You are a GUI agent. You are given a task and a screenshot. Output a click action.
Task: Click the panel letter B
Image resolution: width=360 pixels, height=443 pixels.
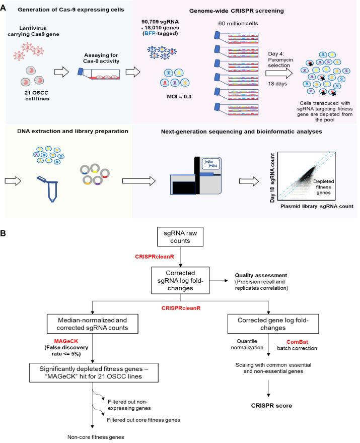click(5, 236)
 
